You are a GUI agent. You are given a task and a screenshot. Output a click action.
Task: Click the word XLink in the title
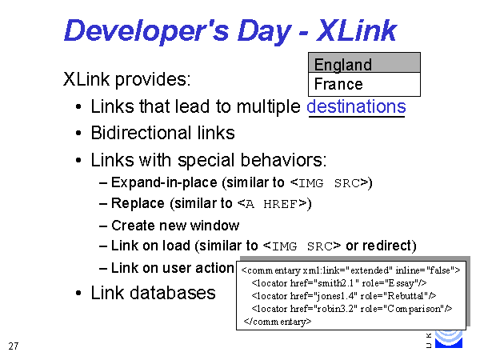(x=357, y=30)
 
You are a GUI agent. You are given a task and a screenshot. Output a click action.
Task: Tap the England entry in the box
(x=343, y=64)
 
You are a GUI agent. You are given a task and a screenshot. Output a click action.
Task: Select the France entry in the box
(x=338, y=84)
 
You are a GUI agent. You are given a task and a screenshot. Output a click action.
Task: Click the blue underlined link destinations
(x=356, y=106)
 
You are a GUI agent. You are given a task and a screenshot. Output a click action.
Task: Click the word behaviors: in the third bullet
(x=283, y=160)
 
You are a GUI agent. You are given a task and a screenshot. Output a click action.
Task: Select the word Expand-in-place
(x=164, y=182)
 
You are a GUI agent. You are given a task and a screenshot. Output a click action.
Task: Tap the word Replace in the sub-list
(x=138, y=203)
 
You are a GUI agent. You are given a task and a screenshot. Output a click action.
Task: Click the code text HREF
(x=280, y=204)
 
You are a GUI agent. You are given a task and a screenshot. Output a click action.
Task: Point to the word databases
(x=173, y=293)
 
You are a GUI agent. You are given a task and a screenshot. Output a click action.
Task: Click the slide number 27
(x=14, y=346)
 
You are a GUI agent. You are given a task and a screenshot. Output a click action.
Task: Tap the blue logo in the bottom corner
(x=449, y=339)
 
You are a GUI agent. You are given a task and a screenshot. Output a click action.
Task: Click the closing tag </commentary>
(x=278, y=322)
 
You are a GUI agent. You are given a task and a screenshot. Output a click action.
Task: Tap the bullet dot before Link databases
(x=78, y=294)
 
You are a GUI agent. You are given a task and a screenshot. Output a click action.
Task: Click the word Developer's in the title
(x=146, y=31)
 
